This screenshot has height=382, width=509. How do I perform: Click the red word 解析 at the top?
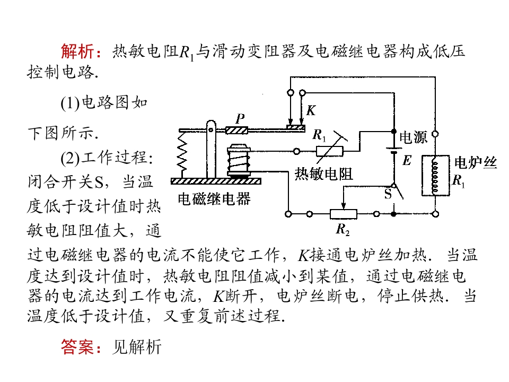[77, 51]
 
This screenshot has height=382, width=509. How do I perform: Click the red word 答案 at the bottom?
[77, 346]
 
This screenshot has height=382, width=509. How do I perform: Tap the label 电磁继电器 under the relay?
[214, 199]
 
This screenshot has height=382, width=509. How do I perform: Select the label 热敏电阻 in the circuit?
[323, 174]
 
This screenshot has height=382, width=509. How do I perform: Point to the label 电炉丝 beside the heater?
[476, 162]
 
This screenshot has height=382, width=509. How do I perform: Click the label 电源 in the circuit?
[413, 137]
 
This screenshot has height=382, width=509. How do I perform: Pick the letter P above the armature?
[240, 118]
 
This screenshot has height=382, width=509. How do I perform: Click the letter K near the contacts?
[311, 110]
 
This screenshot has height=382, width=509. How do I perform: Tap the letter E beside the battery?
[407, 160]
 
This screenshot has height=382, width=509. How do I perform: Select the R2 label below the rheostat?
[343, 229]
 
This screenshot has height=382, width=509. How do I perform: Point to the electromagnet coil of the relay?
[239, 160]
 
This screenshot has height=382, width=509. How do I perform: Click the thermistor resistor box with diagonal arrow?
[330, 151]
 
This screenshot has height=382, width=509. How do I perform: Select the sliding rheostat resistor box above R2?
[344, 214]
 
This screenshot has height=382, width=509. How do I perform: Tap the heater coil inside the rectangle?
[435, 176]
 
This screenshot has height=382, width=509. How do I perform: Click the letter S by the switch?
[388, 194]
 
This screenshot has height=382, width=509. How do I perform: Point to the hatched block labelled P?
[236, 131]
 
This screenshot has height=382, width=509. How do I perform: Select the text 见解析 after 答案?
[137, 346]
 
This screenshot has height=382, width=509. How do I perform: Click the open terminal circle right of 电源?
[436, 134]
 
